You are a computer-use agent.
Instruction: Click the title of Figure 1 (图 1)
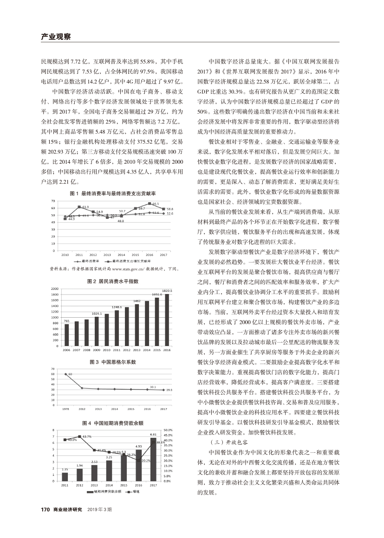(112, 192)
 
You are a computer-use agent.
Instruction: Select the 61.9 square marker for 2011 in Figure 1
(79, 207)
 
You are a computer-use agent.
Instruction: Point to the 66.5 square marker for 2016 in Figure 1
(150, 204)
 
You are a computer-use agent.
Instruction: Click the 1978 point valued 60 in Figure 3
(66, 374)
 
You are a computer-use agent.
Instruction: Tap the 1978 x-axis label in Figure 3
(66, 409)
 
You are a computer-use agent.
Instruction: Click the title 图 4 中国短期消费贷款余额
(112, 423)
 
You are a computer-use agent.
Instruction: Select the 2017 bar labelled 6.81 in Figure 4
(153, 459)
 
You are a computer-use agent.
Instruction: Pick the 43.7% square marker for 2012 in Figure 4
(80, 436)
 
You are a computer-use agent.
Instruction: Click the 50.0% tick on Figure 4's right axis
(168, 430)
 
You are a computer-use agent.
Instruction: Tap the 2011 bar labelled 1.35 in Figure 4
(65, 476)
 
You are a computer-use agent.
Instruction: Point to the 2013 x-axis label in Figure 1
(107, 255)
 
